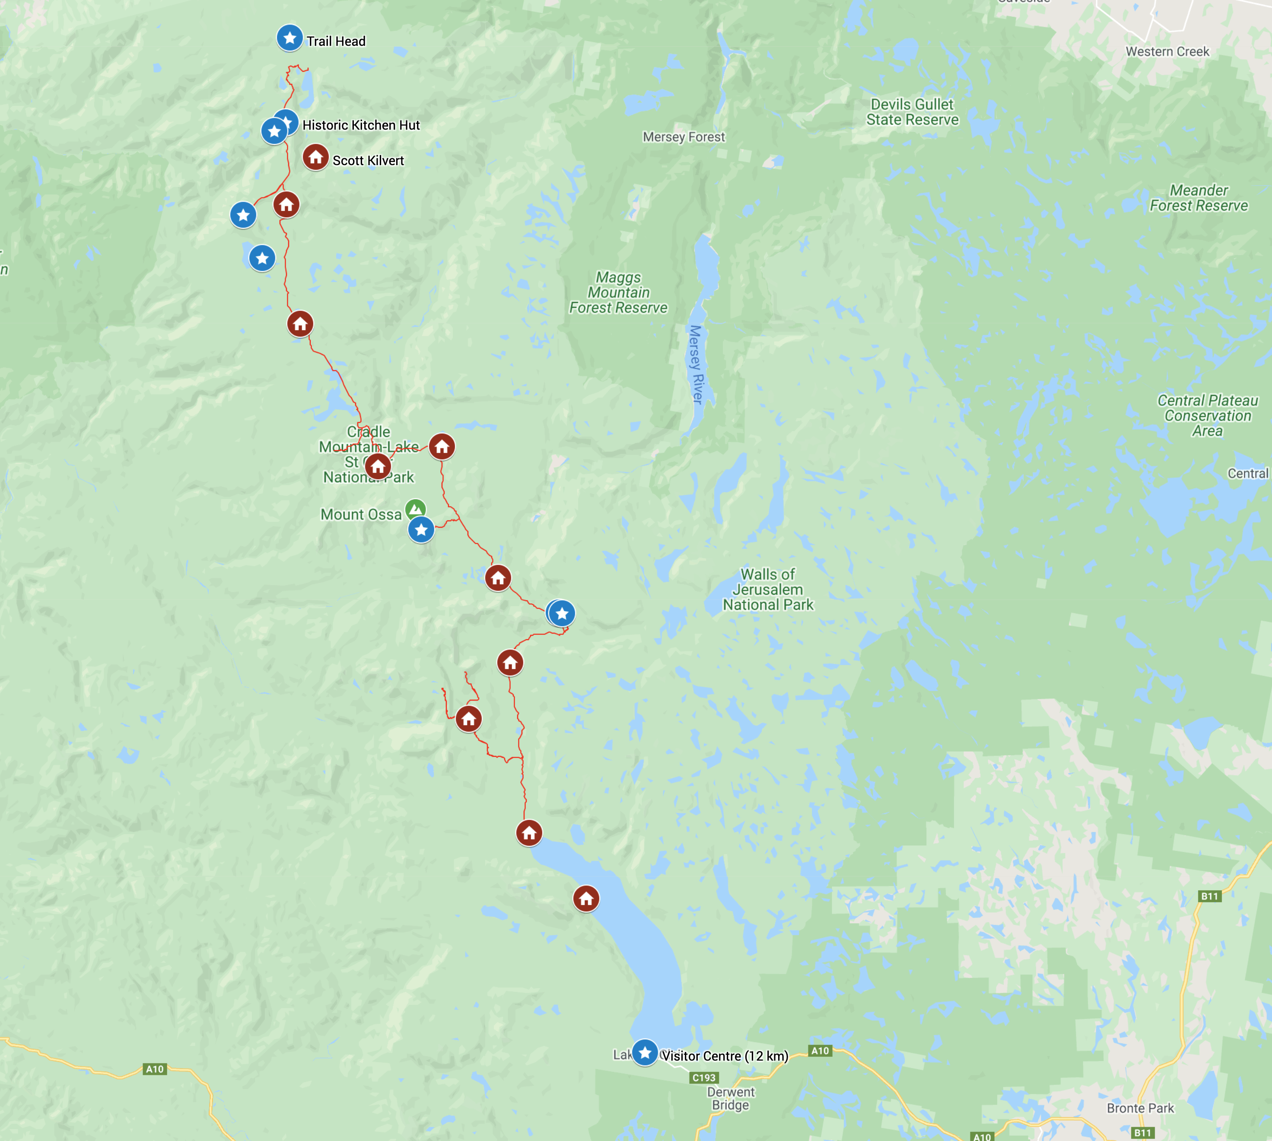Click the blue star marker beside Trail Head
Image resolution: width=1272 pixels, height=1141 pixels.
pyautogui.click(x=289, y=38)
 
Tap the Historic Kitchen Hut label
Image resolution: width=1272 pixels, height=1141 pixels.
pyautogui.click(x=361, y=125)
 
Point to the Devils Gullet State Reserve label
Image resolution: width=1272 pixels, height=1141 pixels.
pyautogui.click(x=913, y=112)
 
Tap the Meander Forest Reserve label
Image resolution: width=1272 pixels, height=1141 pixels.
pyautogui.click(x=1199, y=198)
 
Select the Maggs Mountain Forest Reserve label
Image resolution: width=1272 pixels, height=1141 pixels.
pyautogui.click(x=618, y=293)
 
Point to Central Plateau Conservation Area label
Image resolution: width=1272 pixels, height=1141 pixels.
pyautogui.click(x=1208, y=416)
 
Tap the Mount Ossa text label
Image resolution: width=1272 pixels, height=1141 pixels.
pyautogui.click(x=361, y=515)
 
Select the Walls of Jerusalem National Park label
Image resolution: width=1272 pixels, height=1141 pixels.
pyautogui.click(x=768, y=590)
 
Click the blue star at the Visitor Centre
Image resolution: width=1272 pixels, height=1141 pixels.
pyautogui.click(x=645, y=1052)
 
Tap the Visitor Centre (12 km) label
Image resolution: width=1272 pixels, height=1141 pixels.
pyautogui.click(x=725, y=1056)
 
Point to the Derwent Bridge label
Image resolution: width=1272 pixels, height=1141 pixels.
pyautogui.click(x=731, y=1098)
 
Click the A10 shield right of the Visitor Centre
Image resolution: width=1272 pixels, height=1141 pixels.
pyautogui.click(x=820, y=1051)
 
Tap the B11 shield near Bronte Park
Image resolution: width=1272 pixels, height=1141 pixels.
pyautogui.click(x=1142, y=1133)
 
